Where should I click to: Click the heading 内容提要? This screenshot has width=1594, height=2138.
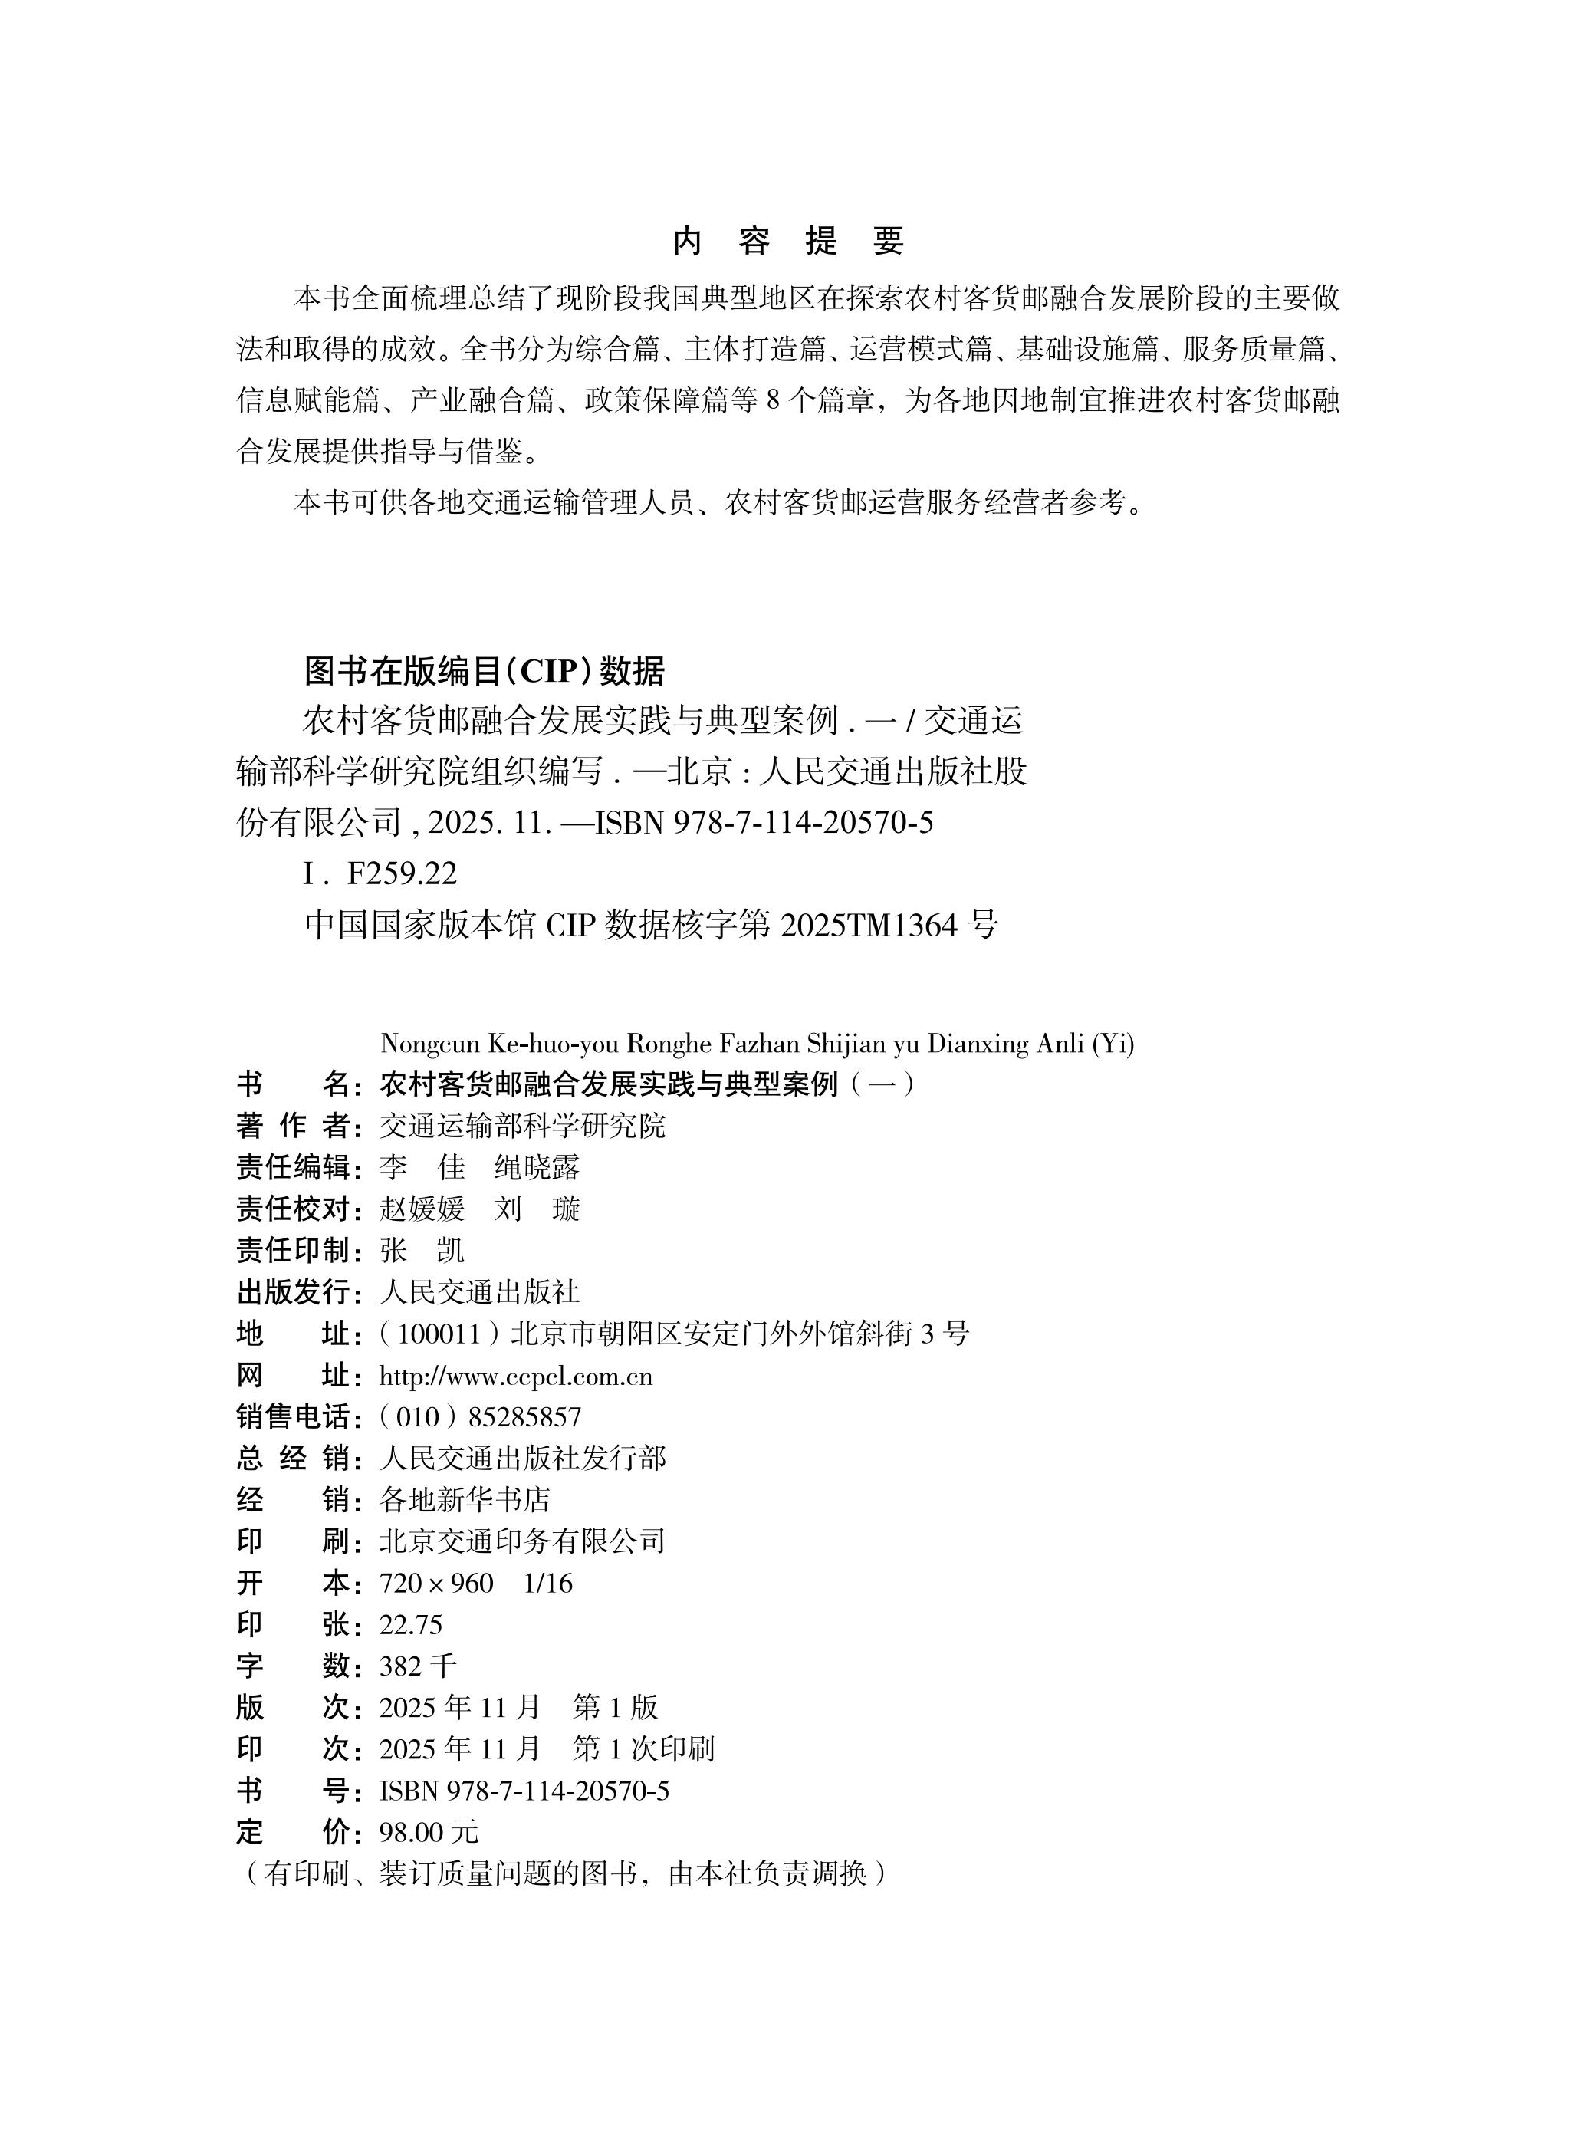click(x=788, y=242)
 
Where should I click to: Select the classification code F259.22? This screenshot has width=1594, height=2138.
click(x=402, y=874)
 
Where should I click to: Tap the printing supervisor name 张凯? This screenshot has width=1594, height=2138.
click(x=422, y=1251)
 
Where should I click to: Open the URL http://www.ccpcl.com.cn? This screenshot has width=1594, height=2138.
click(x=515, y=1377)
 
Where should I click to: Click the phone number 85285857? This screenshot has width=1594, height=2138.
click(x=525, y=1417)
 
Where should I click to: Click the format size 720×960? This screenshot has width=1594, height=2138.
click(x=436, y=1584)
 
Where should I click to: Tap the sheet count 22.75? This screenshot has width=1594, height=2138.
click(x=410, y=1625)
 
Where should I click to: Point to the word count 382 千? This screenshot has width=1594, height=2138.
click(x=417, y=1666)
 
